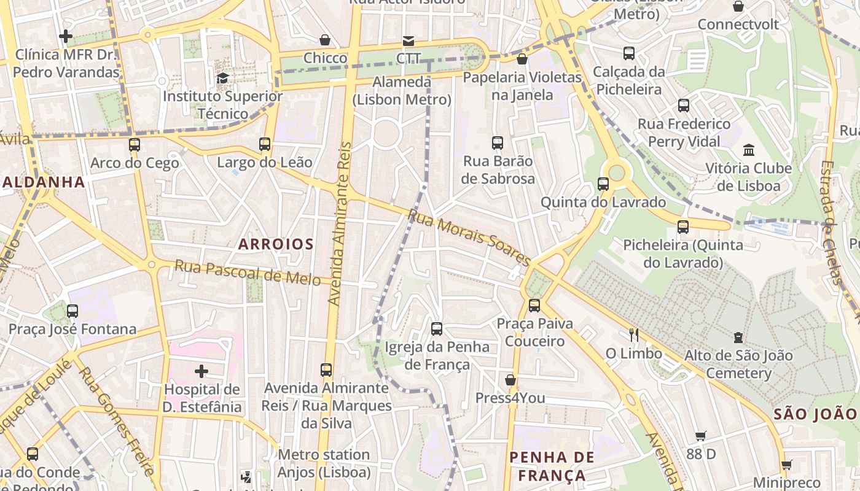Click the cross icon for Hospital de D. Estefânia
pyautogui.click(x=201, y=371)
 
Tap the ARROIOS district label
pyautogui.click(x=276, y=244)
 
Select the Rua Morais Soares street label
pyautogui.click(x=470, y=238)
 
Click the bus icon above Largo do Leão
pyautogui.click(x=265, y=144)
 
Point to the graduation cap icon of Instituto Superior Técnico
pyautogui.click(x=222, y=78)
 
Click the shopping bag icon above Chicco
pyautogui.click(x=325, y=40)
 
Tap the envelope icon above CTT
pyautogui.click(x=408, y=41)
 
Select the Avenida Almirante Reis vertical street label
pyautogui.click(x=342, y=224)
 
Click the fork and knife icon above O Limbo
pyautogui.click(x=634, y=335)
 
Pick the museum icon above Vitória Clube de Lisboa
pyautogui.click(x=748, y=150)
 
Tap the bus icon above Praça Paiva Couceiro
pyautogui.click(x=534, y=305)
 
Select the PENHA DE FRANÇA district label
pyautogui.click(x=552, y=466)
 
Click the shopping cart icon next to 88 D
pyautogui.click(x=701, y=436)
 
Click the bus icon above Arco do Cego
pyautogui.click(x=135, y=145)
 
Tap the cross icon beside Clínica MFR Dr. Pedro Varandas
pyautogui.click(x=66, y=36)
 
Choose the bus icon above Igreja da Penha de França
pyautogui.click(x=437, y=328)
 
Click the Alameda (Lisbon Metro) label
pyautogui.click(x=402, y=91)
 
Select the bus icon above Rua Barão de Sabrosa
pyautogui.click(x=498, y=143)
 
